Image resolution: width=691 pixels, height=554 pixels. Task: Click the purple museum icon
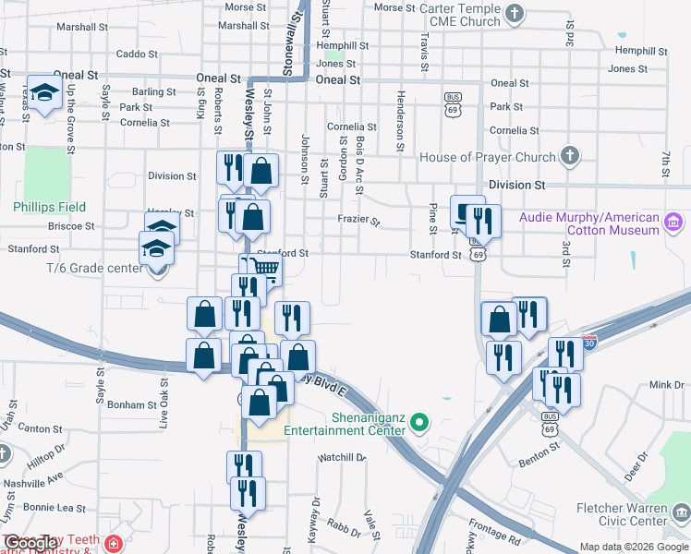[x=673, y=222]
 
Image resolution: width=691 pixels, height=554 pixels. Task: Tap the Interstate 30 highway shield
[x=589, y=343]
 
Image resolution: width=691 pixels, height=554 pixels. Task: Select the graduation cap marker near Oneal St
[x=43, y=92]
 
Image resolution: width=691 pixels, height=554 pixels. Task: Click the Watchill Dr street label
[x=342, y=457]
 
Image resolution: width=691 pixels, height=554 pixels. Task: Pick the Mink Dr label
[x=665, y=384]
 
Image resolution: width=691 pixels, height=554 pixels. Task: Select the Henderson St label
[x=401, y=120]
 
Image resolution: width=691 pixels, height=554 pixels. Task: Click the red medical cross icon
[x=113, y=545]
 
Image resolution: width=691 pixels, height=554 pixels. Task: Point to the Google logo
[x=30, y=544]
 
